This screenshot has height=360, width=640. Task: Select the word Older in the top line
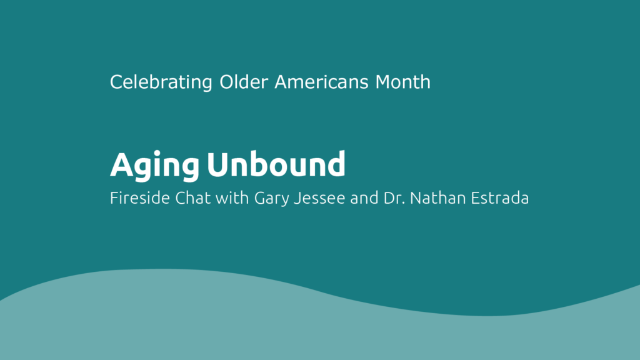(244, 82)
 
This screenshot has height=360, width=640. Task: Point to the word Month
(403, 82)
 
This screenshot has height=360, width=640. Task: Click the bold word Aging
(155, 166)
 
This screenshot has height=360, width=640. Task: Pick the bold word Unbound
(276, 164)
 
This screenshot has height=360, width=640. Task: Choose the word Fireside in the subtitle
(140, 198)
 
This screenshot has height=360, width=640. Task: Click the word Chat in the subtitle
(193, 198)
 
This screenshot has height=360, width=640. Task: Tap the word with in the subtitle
(232, 198)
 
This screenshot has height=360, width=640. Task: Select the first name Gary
(272, 199)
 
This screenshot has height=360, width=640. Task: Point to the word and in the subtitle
(364, 198)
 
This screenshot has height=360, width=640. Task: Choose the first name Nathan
(437, 198)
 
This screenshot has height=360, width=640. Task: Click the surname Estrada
(499, 198)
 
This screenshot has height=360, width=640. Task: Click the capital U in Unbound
(218, 164)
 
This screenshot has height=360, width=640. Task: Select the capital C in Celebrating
(116, 82)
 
